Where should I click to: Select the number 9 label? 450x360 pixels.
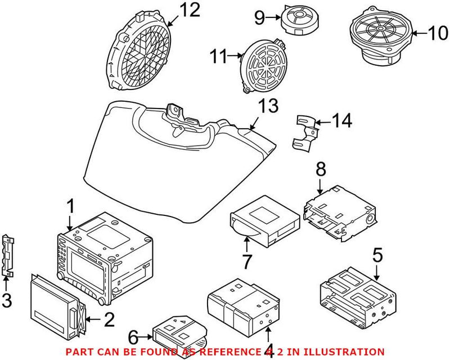pyautogui.click(x=259, y=18)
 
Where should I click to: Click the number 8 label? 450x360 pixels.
pyautogui.click(x=320, y=168)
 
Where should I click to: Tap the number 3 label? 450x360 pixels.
pyautogui.click(x=6, y=301)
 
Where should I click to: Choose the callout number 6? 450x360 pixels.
pyautogui.click(x=133, y=337)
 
